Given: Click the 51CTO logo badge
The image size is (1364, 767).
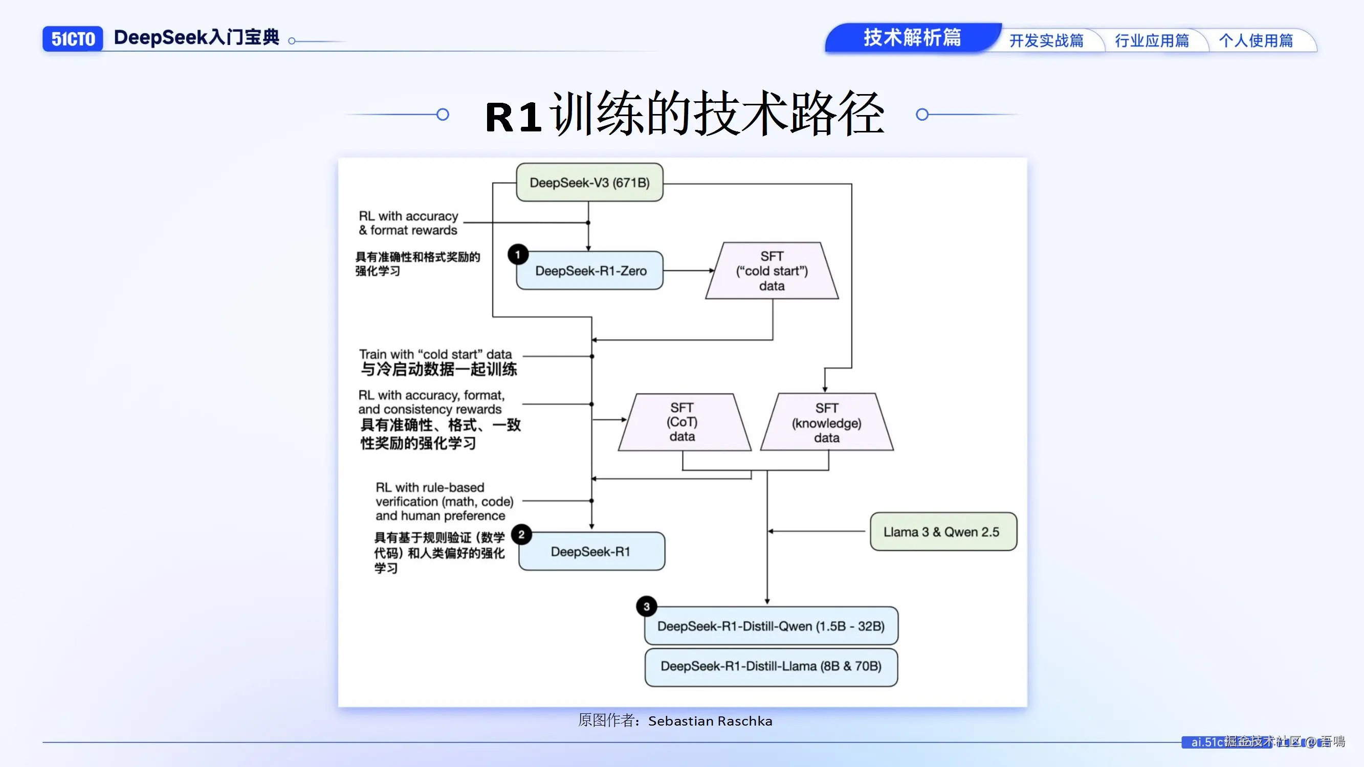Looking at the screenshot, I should (x=73, y=39).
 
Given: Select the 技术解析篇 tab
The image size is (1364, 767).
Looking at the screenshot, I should (x=912, y=37).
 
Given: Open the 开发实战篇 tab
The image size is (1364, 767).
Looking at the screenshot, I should (x=1046, y=41).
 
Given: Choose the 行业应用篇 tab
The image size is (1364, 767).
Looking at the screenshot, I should (x=1152, y=41).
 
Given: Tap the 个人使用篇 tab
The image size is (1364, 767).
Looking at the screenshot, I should (x=1256, y=41).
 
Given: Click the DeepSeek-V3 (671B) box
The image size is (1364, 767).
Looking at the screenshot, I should (x=589, y=183).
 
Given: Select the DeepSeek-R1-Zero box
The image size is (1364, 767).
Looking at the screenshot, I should (x=590, y=271).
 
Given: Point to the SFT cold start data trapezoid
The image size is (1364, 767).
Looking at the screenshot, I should (x=772, y=271).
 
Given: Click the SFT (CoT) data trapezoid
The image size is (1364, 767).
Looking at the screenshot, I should (x=683, y=422).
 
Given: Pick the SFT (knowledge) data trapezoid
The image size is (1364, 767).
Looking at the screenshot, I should (x=827, y=422).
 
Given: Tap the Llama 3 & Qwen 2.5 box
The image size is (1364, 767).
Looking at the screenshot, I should (x=942, y=531).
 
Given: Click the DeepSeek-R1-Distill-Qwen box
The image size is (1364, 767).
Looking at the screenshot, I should (x=771, y=626).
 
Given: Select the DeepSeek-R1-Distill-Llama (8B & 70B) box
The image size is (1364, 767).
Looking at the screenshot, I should (x=771, y=666).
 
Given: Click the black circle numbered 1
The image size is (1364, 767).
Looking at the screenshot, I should (x=518, y=255).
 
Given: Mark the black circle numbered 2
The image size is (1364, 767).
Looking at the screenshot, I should (x=521, y=535).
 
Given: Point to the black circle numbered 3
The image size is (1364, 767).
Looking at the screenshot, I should (x=647, y=606).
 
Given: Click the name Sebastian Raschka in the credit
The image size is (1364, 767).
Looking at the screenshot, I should (x=710, y=721).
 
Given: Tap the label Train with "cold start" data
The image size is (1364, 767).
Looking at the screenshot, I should (x=435, y=354).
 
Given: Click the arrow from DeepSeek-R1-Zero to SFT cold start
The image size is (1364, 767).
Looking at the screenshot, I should (x=688, y=270).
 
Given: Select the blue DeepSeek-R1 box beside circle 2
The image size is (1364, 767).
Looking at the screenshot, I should (x=591, y=552).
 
